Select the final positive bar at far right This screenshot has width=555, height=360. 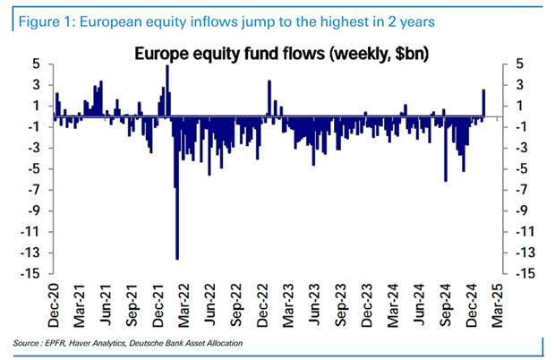[x=483, y=102]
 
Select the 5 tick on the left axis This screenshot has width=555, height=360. [x=37, y=64]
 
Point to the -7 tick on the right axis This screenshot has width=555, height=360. [x=517, y=189]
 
